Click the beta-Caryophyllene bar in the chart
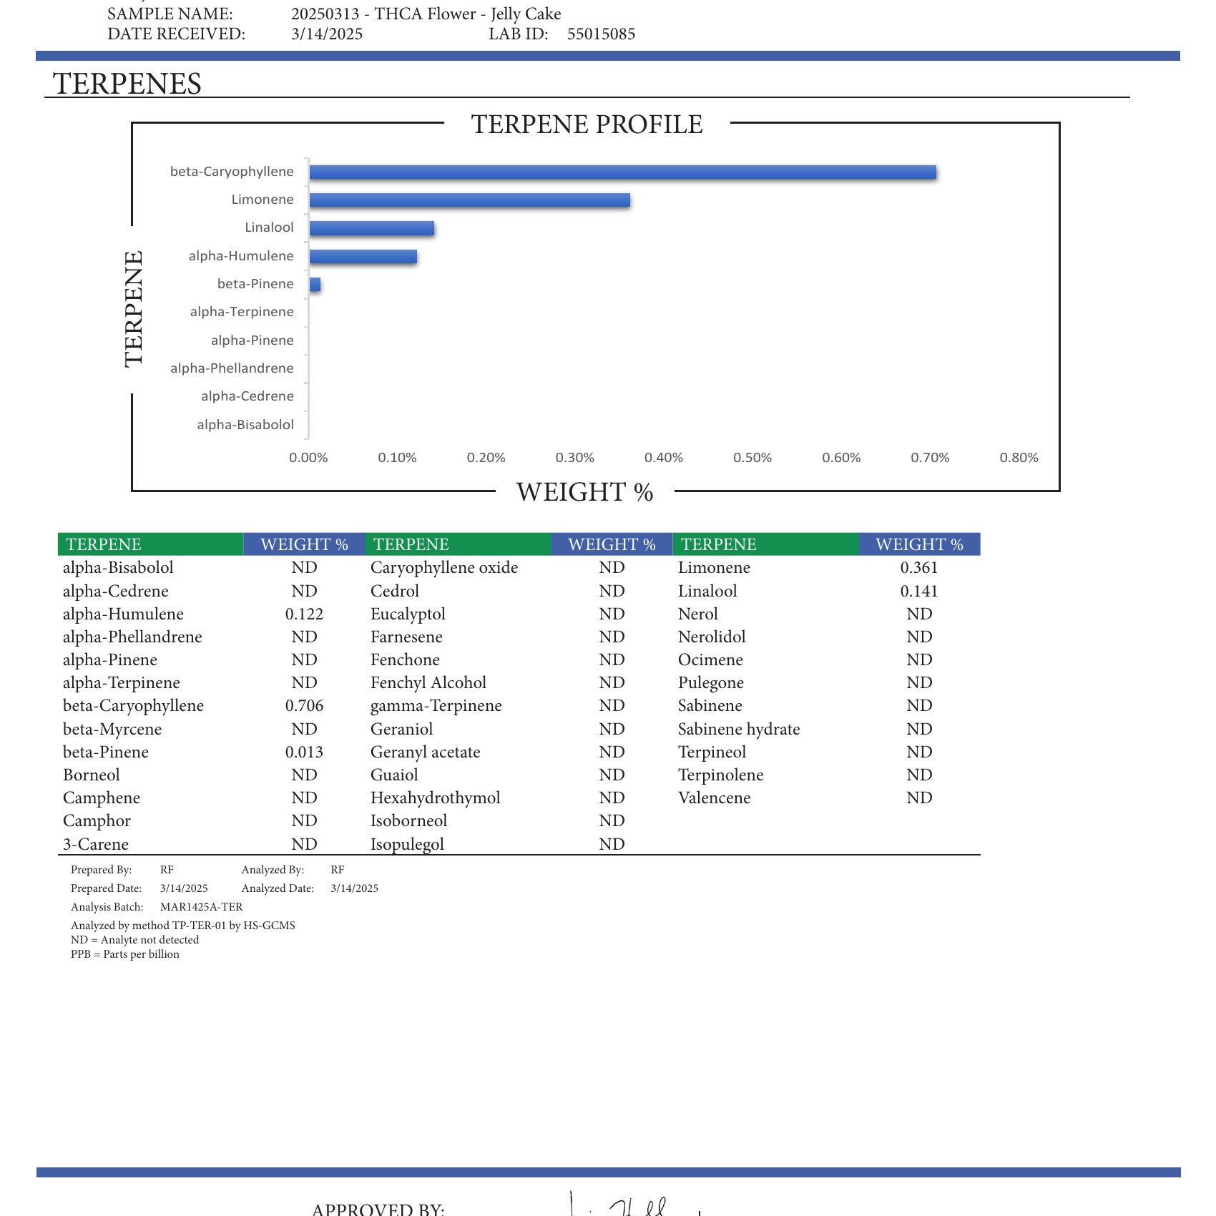622,172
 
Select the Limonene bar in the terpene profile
469,200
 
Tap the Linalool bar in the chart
372,228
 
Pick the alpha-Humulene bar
363,256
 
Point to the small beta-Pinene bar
315,285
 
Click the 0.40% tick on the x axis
664,458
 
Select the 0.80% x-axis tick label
1019,458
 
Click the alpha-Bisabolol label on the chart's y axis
245,425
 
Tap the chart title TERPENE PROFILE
587,124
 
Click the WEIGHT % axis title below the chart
584,492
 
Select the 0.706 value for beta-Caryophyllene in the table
304,706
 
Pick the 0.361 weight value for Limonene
919,568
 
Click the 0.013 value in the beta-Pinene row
304,752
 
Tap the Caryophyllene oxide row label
444,568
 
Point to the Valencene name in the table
714,798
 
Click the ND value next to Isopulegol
612,845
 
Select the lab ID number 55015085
601,34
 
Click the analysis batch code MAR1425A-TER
201,907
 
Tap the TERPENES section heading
127,84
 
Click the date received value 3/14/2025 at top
327,34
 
